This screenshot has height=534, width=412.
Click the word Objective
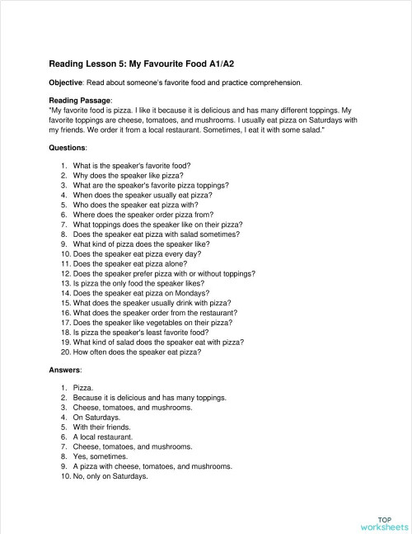point(70,83)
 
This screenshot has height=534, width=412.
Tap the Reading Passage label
point(81,100)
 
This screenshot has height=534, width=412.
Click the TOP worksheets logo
point(383,522)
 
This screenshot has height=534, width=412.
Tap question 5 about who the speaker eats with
point(133,205)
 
